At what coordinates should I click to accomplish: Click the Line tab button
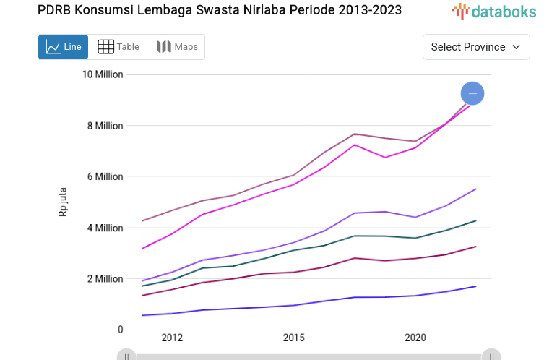click(63, 47)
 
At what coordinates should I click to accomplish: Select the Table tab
click(118, 47)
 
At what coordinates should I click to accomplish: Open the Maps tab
click(177, 47)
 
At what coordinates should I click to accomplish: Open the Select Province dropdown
click(476, 47)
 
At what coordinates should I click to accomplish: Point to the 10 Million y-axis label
click(103, 74)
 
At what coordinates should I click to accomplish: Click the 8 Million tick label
click(105, 126)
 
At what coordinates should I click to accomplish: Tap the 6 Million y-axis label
click(105, 176)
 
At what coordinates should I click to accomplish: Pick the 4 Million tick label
click(105, 228)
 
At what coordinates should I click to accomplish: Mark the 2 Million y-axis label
click(105, 279)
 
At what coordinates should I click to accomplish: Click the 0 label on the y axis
click(121, 330)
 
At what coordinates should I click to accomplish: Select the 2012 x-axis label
click(172, 338)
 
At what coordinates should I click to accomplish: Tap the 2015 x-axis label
click(293, 338)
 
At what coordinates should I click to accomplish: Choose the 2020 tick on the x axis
click(415, 338)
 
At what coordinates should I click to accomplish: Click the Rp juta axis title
click(63, 202)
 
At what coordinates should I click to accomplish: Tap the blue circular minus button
click(472, 93)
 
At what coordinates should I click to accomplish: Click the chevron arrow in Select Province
click(517, 47)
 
